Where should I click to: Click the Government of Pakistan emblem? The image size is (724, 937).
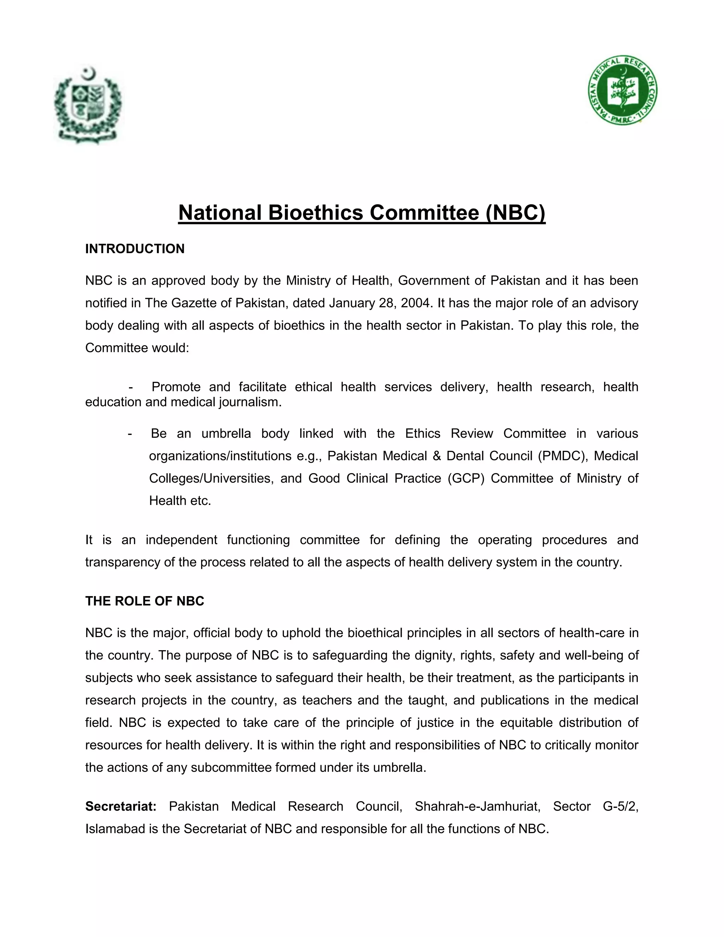(88, 105)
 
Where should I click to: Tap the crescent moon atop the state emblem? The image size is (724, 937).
(89, 74)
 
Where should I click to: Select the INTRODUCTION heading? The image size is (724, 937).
(135, 249)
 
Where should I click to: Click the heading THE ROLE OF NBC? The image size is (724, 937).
(145, 601)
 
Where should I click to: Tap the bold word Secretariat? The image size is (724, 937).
(121, 806)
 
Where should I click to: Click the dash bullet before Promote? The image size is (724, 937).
(130, 387)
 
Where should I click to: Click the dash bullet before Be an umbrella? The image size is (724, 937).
(129, 433)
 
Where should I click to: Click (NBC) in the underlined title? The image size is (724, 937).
(515, 213)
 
